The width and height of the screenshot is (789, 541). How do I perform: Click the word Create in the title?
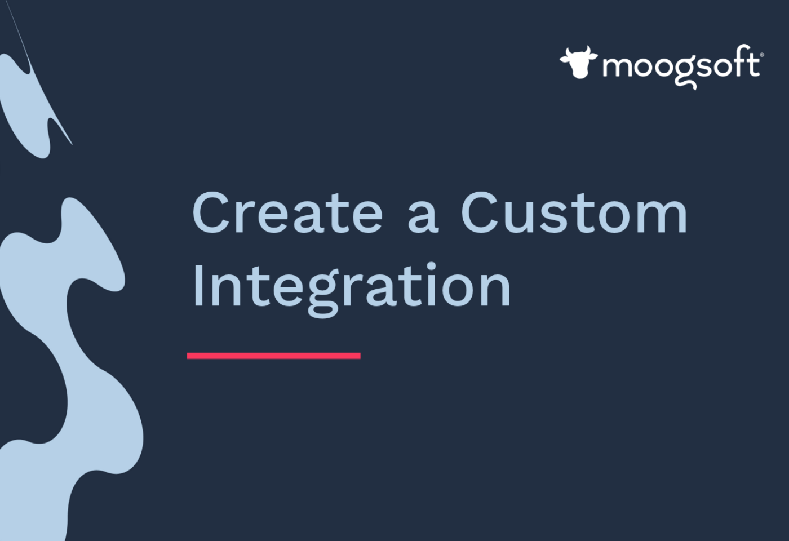coord(287,213)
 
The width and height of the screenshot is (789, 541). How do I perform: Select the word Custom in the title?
coord(574,213)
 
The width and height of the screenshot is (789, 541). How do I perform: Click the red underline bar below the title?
coord(274,356)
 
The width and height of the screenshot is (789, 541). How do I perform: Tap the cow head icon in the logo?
coord(579,62)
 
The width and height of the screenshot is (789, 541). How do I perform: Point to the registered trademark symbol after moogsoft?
coord(762,55)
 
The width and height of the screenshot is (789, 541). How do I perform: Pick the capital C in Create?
coord(211,213)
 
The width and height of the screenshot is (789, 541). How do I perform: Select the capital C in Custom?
coord(480,213)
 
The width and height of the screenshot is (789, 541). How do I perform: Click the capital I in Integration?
coord(197,285)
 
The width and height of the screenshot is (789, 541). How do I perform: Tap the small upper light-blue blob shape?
coord(25,106)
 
